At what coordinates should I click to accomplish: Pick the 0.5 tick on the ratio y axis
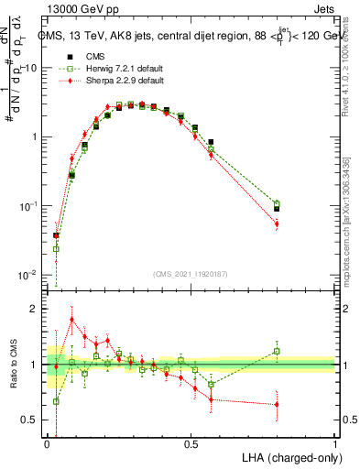(30, 420)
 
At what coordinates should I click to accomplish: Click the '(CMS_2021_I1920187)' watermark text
(191, 273)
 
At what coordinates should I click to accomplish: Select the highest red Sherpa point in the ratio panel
(71, 320)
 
